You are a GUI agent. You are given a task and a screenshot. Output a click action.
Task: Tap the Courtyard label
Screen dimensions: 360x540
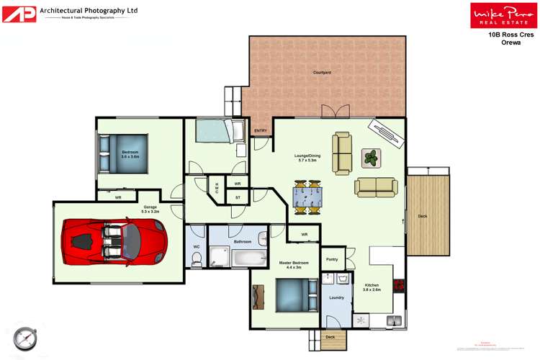[x=321, y=73]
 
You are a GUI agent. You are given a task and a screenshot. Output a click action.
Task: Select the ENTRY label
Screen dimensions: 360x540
[x=261, y=130]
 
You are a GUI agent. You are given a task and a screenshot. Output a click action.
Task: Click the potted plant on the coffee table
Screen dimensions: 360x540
[x=372, y=158]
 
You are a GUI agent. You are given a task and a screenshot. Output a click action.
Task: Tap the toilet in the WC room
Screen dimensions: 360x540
[x=197, y=262]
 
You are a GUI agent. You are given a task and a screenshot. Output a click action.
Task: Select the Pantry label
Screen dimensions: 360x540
[x=332, y=259]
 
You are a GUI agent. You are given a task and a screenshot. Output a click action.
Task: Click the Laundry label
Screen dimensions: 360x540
[x=336, y=297]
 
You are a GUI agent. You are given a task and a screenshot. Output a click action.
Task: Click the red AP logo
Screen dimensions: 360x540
[x=18, y=13]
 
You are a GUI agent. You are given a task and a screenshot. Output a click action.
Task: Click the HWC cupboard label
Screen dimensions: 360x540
[x=217, y=187]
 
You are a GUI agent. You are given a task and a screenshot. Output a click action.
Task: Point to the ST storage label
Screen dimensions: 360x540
[x=238, y=197]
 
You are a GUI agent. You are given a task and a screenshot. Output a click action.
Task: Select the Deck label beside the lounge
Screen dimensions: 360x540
[x=423, y=217]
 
